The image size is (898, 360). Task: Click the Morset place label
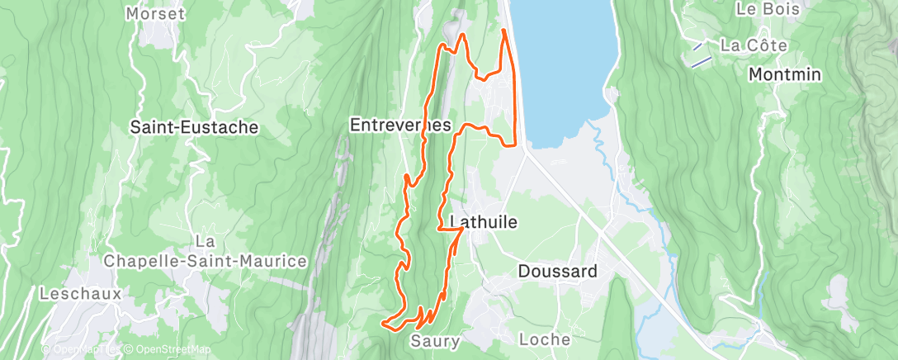[156, 14]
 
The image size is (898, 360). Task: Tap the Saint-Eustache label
[195, 127]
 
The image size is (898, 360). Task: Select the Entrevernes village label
[400, 126]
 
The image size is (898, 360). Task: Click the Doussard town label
[557, 271]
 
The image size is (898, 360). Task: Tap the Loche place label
[545, 339]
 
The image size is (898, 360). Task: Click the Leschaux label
[80, 293]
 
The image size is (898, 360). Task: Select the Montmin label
[784, 74]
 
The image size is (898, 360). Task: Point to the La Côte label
[754, 45]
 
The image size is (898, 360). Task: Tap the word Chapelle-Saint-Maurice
[206, 262]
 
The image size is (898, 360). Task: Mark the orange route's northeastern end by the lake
[503, 31]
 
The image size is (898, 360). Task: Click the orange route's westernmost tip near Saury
[382, 323]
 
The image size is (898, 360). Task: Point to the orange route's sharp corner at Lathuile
[461, 230]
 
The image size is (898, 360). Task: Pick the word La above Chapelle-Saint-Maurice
[206, 241]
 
